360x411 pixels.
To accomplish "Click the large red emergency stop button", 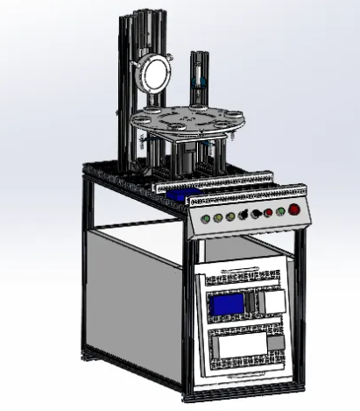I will coord(294,209).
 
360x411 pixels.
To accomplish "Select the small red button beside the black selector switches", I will coord(267,213).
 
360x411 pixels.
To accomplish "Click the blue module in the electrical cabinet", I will coord(225,304).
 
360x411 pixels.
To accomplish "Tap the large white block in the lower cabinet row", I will coord(238,345).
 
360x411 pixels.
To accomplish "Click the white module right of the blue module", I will coord(274,301).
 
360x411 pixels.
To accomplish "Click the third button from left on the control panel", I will coord(229,216).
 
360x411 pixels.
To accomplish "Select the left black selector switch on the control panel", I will coord(243,216).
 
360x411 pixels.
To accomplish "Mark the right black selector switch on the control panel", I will coord(255,214).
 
